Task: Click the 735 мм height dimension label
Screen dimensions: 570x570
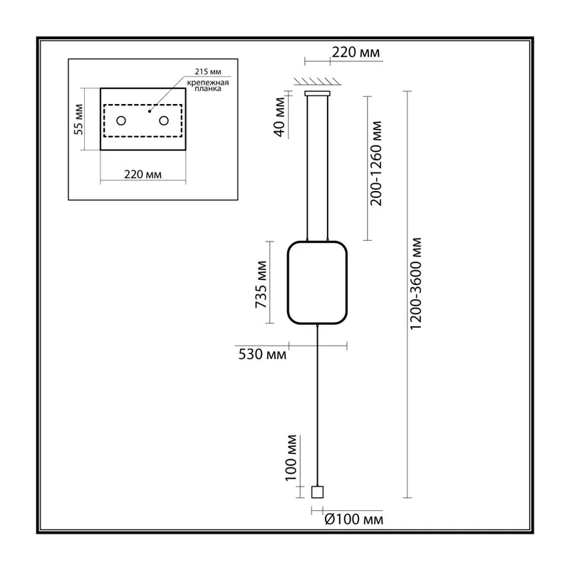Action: pyautogui.click(x=261, y=284)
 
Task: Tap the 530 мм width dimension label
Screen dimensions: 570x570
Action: pyautogui.click(x=262, y=354)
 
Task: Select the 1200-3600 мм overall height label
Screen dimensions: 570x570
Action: pyautogui.click(x=415, y=284)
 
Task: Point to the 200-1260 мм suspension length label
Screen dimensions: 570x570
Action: pyautogui.click(x=376, y=164)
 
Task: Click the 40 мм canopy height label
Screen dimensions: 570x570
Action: pyautogui.click(x=279, y=117)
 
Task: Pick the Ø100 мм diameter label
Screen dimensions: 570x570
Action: pyautogui.click(x=353, y=519)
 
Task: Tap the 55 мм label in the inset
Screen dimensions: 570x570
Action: pyautogui.click(x=78, y=119)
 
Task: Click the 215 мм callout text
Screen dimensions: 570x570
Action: pyautogui.click(x=207, y=72)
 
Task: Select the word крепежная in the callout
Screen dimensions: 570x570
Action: pyautogui.click(x=208, y=83)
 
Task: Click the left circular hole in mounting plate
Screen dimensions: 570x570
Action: pyautogui.click(x=121, y=120)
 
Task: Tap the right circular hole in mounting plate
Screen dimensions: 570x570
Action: pyautogui.click(x=164, y=120)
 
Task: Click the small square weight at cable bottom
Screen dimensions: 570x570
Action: pyautogui.click(x=317, y=492)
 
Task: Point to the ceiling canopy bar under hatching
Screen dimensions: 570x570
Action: pyautogui.click(x=317, y=93)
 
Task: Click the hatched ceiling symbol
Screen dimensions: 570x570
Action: pyautogui.click(x=317, y=81)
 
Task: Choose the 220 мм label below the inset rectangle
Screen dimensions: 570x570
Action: pyautogui.click(x=143, y=175)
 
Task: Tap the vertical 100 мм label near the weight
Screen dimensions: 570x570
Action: pyautogui.click(x=291, y=458)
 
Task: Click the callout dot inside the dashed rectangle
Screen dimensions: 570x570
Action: pyautogui.click(x=150, y=111)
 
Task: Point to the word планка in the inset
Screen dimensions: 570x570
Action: pyautogui.click(x=207, y=89)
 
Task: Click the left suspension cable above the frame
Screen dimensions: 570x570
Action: pyautogui.click(x=308, y=168)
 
